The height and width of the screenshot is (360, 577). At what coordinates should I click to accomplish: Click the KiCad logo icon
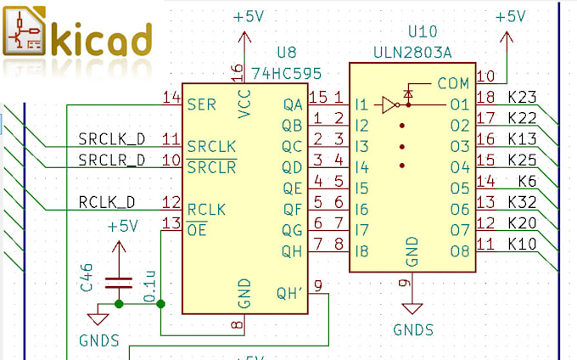[26, 35]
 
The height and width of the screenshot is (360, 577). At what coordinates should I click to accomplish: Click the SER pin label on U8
[201, 105]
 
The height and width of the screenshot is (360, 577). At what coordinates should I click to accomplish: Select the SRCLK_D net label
[111, 138]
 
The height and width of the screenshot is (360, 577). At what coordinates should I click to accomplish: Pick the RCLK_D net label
[106, 202]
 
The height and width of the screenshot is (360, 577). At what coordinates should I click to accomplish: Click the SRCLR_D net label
[111, 160]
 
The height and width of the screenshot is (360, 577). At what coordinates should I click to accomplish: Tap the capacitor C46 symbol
[118, 283]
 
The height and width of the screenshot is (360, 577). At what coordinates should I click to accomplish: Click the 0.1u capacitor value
[149, 285]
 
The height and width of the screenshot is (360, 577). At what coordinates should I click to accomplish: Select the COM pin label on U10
[453, 83]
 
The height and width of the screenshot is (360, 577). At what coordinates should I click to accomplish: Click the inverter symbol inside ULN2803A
[389, 105]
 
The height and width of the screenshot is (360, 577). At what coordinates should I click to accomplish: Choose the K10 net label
[522, 245]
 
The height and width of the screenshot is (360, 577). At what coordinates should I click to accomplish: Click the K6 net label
[528, 182]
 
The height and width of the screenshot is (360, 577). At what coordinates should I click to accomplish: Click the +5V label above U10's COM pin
[509, 16]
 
